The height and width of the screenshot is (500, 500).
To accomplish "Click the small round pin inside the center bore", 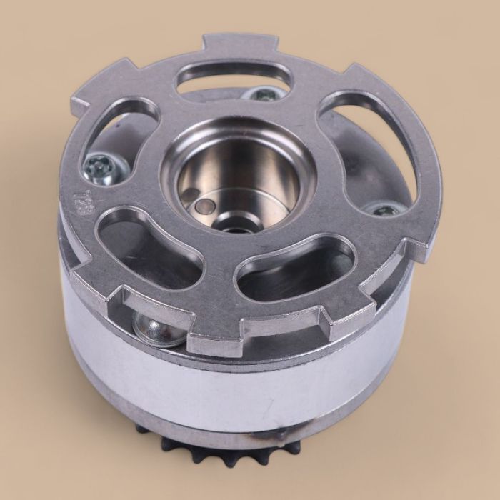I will [205, 207].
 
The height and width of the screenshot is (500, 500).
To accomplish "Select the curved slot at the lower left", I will [146, 246].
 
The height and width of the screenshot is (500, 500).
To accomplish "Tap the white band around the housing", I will [236, 386].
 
